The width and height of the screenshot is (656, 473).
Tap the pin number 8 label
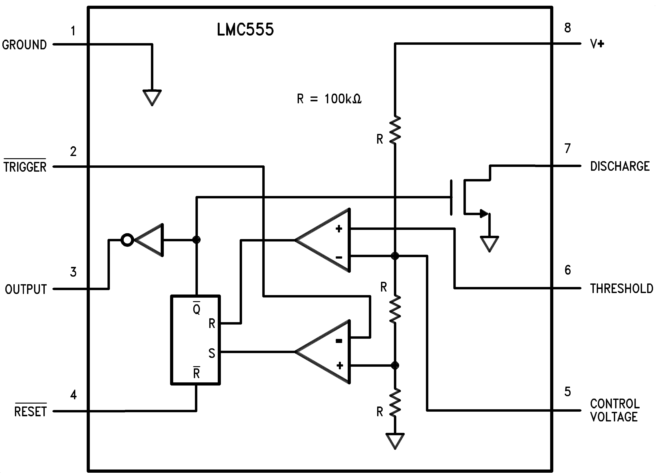pos(567,28)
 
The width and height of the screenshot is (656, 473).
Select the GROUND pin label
pos(24,45)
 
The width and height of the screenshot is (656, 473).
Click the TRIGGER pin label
pos(25,167)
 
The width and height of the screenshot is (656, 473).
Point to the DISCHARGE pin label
pos(620,167)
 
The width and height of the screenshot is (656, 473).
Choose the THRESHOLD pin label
pos(621,289)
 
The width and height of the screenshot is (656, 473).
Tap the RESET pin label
pos(30,411)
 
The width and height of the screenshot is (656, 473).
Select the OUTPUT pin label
pos(26,289)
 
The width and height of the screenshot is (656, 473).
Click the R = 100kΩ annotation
pos(329,99)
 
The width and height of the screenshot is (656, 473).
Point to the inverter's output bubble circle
pos(127,240)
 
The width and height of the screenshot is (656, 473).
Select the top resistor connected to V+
pos(395,130)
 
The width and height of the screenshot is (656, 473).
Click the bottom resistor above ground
pos(395,403)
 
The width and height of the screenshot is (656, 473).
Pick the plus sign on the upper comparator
pos(339,229)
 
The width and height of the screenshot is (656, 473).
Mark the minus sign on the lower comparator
pos(339,341)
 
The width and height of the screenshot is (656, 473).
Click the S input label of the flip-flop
pos(212,353)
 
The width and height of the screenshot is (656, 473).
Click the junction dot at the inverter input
pos(196,240)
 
